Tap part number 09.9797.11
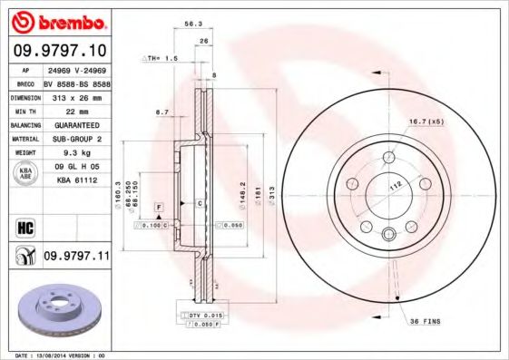[76, 257]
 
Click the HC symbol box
[24, 224]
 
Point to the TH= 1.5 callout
[162, 57]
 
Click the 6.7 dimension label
[162, 112]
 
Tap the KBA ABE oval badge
[24, 173]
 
